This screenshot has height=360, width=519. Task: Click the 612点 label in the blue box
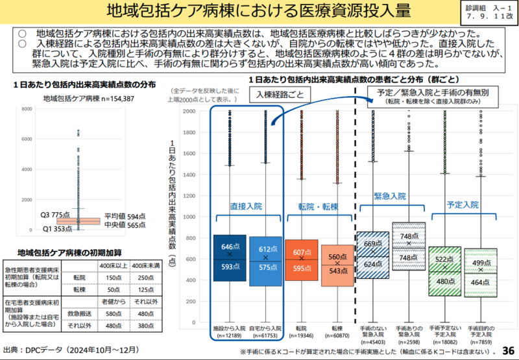click(267, 248)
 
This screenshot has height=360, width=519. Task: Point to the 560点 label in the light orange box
click(339, 256)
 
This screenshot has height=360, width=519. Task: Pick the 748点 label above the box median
click(410, 237)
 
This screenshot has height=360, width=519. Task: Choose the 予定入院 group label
click(462, 204)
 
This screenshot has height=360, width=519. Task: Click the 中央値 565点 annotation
click(122, 225)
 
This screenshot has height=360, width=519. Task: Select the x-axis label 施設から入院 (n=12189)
click(230, 331)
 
